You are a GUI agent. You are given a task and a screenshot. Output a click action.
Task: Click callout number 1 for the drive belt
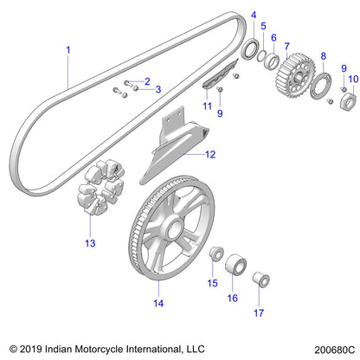click(67, 51)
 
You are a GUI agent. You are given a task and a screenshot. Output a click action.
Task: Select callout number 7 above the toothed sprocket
click(286, 44)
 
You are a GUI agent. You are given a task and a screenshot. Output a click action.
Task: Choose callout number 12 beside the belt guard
click(210, 155)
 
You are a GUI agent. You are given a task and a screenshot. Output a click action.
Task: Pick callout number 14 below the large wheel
click(157, 304)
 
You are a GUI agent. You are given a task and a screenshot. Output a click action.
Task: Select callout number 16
click(232, 297)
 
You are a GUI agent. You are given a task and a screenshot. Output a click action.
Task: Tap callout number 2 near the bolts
click(147, 81)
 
